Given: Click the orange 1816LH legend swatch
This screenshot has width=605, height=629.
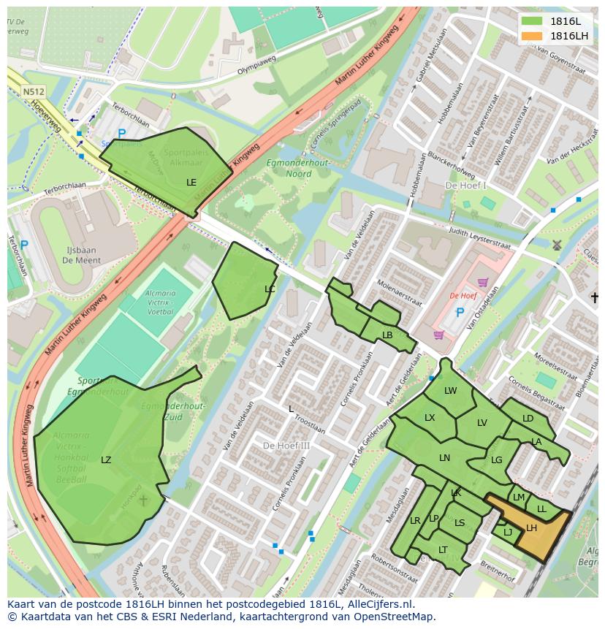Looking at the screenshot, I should tap(533, 36).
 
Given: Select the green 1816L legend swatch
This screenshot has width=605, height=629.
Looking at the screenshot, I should tap(533, 21).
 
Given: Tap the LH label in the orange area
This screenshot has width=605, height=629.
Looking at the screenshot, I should tap(531, 527).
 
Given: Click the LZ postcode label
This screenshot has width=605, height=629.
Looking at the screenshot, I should tap(106, 460).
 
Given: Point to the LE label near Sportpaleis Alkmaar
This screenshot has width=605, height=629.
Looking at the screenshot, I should tap(191, 182).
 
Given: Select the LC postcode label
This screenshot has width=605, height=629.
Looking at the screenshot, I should tap(270, 289).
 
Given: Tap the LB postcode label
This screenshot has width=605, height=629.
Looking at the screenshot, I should tap(387, 335).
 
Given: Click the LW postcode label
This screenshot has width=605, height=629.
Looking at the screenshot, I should tap(450, 391).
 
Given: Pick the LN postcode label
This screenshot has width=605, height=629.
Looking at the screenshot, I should tap(444, 457).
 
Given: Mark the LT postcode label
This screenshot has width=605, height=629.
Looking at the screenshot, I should tap(443, 549).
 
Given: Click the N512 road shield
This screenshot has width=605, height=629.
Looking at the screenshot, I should tap(33, 92).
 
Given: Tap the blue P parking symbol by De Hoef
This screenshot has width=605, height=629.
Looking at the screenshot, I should tap(460, 312).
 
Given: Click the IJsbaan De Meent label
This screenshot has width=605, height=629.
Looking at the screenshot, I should tap(81, 255).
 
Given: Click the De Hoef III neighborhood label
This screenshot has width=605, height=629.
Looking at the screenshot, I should tap(286, 445).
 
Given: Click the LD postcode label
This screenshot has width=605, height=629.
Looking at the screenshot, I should tap(528, 419).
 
